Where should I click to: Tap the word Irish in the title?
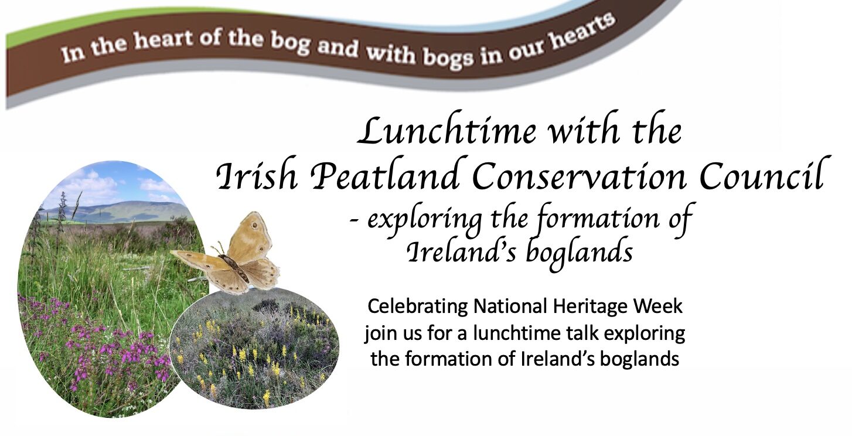click(x=256, y=175)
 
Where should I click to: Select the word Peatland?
click(x=385, y=175)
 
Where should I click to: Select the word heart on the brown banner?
click(x=163, y=41)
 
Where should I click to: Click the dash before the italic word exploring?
click(x=355, y=221)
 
